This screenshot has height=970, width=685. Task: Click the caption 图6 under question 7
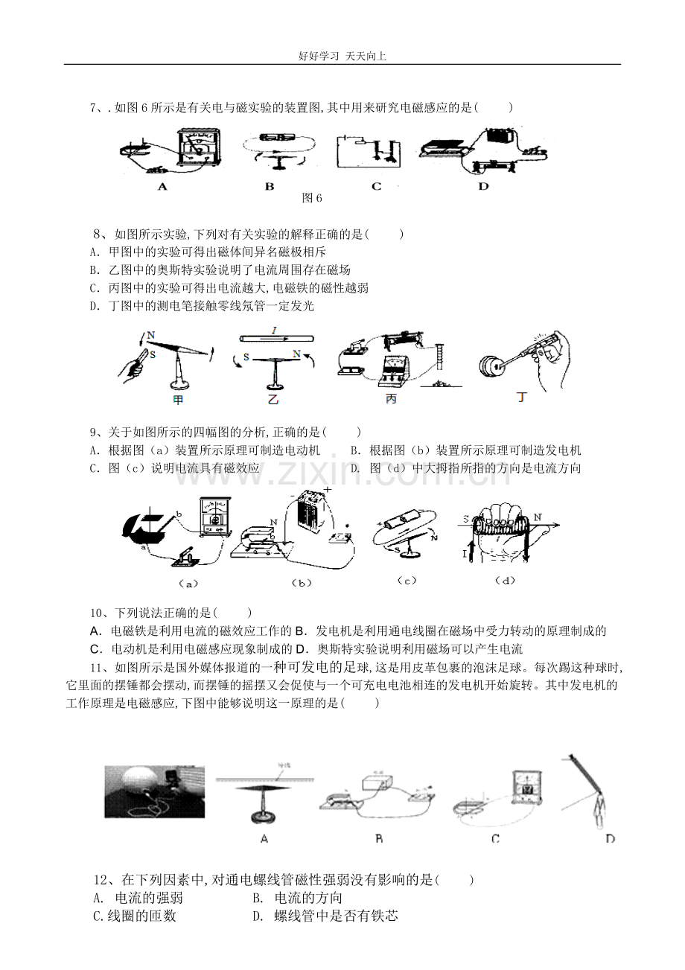click(312, 198)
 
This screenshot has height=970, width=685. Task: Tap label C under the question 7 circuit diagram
click(377, 187)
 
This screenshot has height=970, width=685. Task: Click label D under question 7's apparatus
click(483, 187)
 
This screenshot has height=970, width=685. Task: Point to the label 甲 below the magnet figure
click(178, 400)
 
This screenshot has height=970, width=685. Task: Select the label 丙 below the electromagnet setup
click(391, 399)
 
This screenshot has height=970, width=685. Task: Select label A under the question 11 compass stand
click(264, 839)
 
